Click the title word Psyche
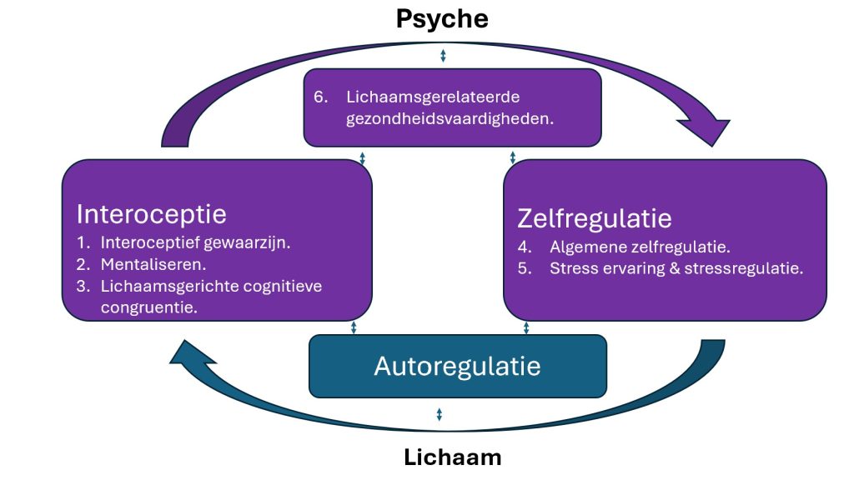coord(442,18)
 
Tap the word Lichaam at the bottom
coord(453,457)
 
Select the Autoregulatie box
coord(457,366)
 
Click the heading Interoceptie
coord(151,214)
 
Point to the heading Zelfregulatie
coord(595,218)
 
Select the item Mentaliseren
coord(153,265)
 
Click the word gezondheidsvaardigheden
coord(450,118)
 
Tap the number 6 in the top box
coord(319,97)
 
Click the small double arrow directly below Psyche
coord(443,56)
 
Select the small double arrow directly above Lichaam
coord(439,414)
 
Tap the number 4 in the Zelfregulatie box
coord(523,247)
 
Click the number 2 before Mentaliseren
coord(82,265)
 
